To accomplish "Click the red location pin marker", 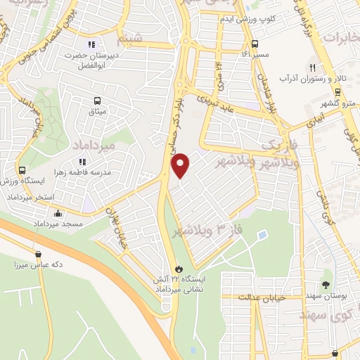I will pos(181,164).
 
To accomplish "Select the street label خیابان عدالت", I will pos(263,298).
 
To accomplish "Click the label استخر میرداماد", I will pos(30,197).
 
